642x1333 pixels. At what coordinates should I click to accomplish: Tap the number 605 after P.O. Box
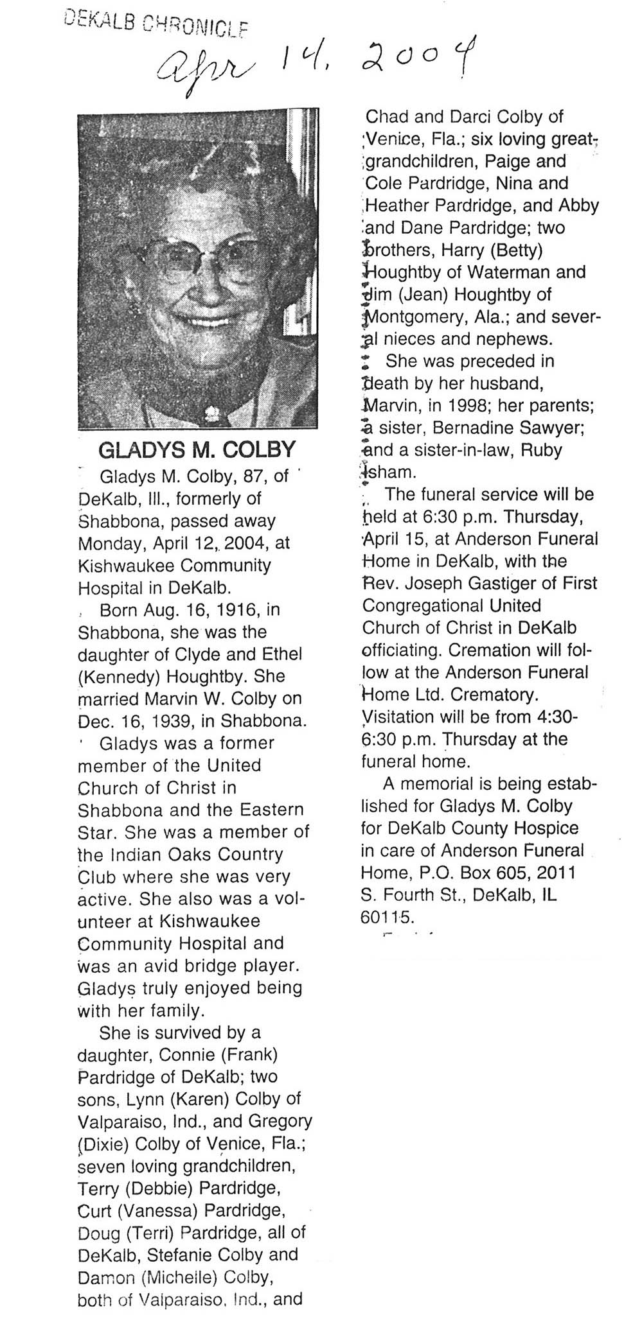tap(516, 873)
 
